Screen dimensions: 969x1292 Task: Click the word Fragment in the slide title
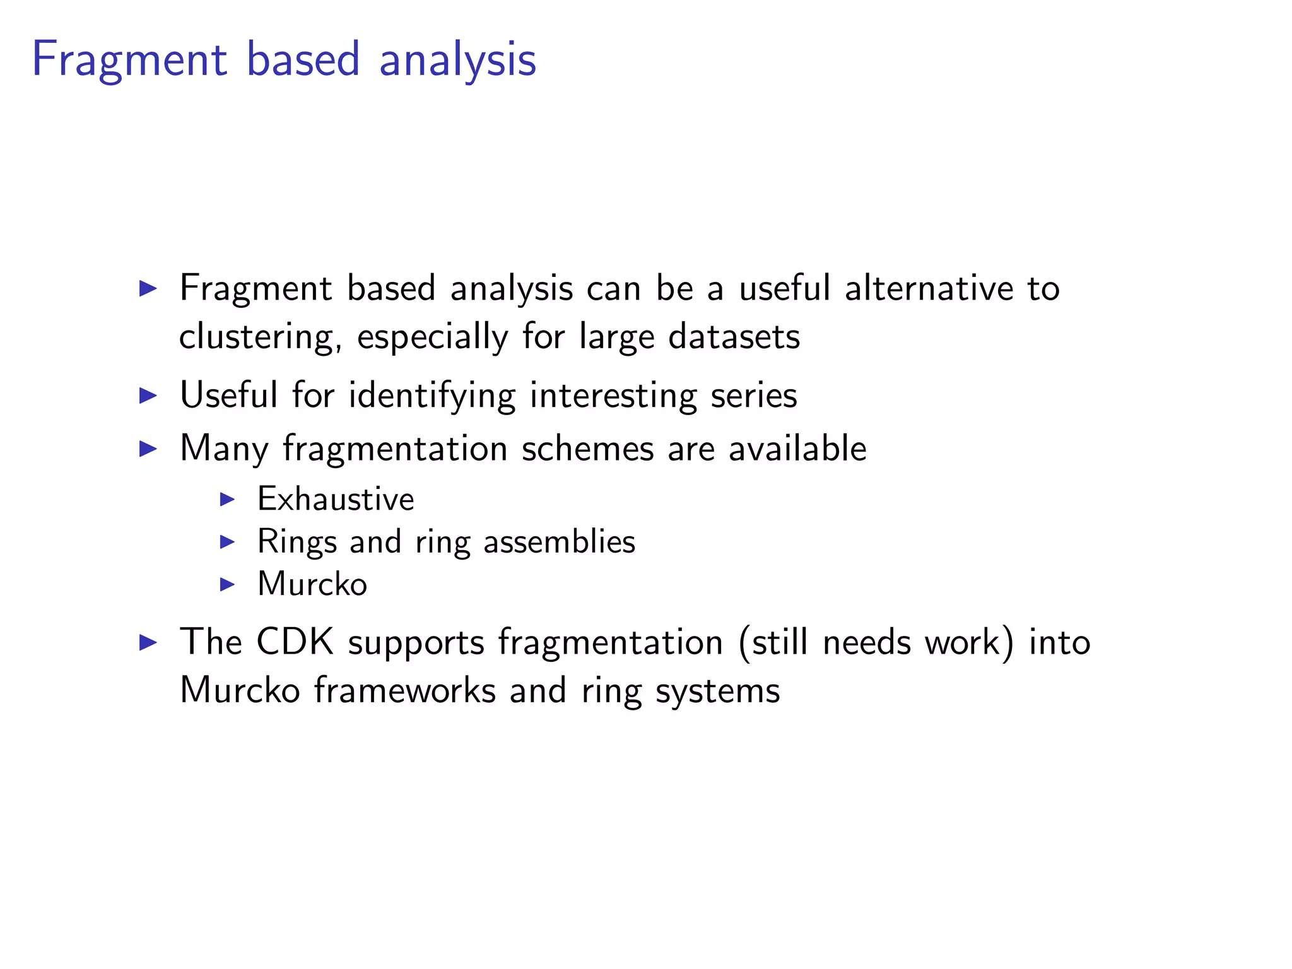[129, 60]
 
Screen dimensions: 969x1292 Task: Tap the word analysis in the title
[457, 60]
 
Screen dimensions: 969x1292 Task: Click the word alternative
[929, 288]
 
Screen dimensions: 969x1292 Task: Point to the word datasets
[734, 336]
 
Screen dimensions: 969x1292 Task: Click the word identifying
[432, 396]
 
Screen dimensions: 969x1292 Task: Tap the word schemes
[587, 449]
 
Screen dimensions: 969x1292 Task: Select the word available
[797, 449]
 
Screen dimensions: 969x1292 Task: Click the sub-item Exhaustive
[336, 499]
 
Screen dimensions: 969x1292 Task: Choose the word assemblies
[559, 542]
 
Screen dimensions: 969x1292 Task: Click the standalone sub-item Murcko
[312, 584]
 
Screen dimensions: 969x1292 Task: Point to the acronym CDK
[295, 642]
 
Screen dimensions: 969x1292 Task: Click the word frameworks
[404, 690]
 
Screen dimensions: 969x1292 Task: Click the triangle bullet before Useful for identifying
[148, 396]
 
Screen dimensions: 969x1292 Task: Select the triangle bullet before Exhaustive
[227, 500]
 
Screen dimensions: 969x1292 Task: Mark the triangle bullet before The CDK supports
[148, 643]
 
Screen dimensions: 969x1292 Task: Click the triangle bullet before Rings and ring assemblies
[227, 542]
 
